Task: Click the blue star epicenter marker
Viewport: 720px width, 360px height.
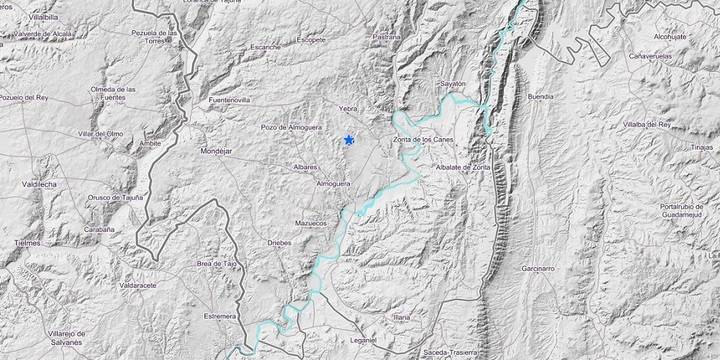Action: pos(348,140)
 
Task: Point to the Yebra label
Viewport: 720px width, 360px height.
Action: pos(348,110)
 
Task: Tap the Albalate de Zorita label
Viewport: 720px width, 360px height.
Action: pos(461,166)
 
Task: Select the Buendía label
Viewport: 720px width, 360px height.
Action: pos(539,97)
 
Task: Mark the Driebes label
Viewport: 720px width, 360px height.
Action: pos(281,243)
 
